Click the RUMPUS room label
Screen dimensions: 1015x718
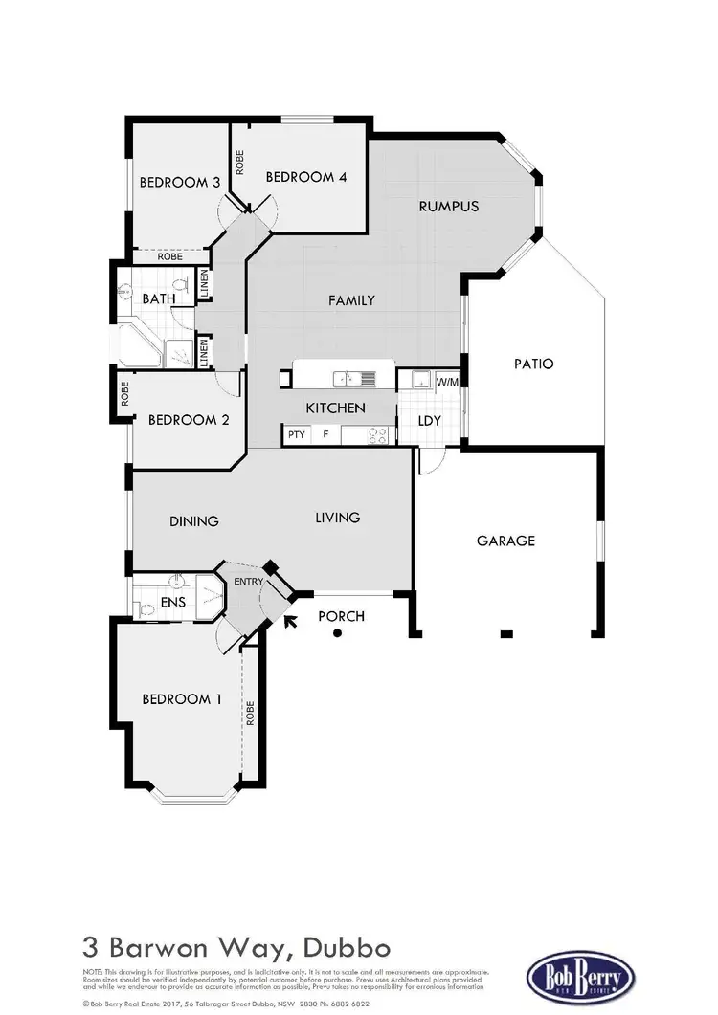tap(448, 206)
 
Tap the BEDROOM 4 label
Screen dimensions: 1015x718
tap(300, 177)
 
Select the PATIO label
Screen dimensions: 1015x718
tap(533, 364)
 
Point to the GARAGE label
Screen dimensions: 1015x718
tap(505, 541)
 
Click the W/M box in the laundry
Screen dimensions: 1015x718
tap(447, 383)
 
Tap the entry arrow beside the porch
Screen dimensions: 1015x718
tap(290, 621)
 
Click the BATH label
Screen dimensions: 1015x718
tap(159, 299)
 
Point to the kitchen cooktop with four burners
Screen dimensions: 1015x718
tap(378, 436)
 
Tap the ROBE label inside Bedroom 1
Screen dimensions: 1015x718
tap(250, 714)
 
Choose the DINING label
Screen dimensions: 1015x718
tap(194, 521)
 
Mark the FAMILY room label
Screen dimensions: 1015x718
tap(351, 300)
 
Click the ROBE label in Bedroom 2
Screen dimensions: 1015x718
tap(125, 393)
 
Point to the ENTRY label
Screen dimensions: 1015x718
tap(248, 582)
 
